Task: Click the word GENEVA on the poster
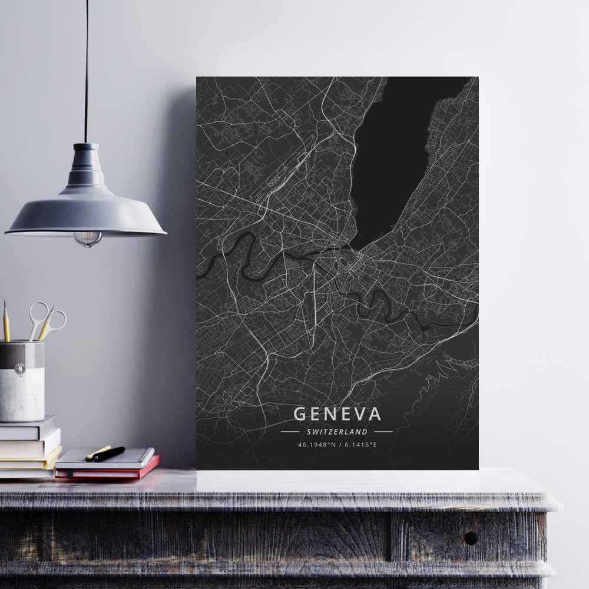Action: click(x=337, y=413)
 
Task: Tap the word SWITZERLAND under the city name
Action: click(x=337, y=432)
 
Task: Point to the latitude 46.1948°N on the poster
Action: click(x=316, y=445)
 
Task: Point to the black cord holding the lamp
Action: click(x=86, y=71)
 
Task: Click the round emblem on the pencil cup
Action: click(x=21, y=369)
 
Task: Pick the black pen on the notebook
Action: click(x=110, y=454)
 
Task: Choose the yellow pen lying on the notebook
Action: click(x=98, y=452)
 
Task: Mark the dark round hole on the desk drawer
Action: click(x=471, y=537)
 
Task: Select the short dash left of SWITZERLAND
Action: click(x=290, y=432)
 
